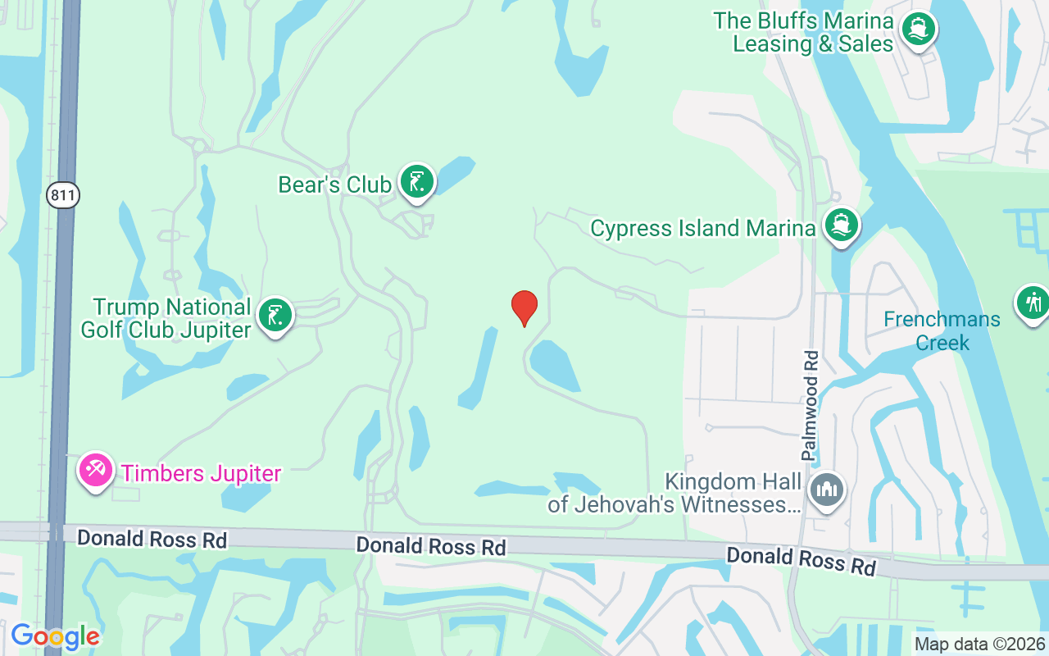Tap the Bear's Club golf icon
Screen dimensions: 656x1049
[x=417, y=182]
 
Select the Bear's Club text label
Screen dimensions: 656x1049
[x=334, y=185]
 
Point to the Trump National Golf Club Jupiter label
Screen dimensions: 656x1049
[x=166, y=319]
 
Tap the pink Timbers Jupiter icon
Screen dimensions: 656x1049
[x=96, y=471]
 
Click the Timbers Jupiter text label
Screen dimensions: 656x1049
[x=201, y=473]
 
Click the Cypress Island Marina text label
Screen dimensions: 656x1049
[x=702, y=228]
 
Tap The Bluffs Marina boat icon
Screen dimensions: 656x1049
[x=919, y=30]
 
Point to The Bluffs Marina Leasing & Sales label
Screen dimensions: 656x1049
[x=803, y=32]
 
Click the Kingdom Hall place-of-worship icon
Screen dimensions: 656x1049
[x=826, y=491]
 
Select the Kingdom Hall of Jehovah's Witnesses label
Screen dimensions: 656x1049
[x=674, y=493]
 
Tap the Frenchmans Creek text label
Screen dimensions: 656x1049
[x=942, y=330]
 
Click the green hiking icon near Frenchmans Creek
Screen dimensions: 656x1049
[x=1033, y=303]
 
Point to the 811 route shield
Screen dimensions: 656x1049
[x=62, y=195]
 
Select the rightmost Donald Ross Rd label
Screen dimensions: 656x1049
[x=801, y=562]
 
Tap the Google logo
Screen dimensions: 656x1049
[x=55, y=636]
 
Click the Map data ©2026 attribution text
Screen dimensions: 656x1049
[x=980, y=645]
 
